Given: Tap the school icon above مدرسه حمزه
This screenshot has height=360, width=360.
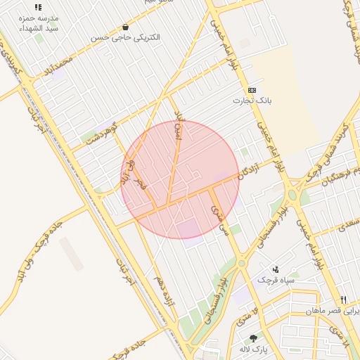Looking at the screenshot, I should coord(38,7).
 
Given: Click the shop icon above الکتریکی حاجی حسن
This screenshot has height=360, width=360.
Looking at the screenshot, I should coord(125,27).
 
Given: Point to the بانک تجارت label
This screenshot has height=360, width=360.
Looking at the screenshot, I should coord(252,101).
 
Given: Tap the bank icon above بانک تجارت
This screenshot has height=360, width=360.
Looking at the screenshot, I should coord(252,90).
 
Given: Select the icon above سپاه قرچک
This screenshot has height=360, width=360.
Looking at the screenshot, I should coord(276,269).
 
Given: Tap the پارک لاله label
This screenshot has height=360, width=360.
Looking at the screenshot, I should coord(255,349).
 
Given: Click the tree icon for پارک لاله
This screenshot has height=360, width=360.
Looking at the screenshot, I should coord(253,338).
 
